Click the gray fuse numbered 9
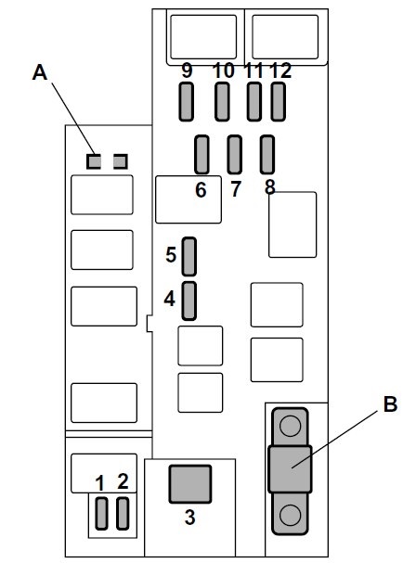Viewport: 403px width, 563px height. point(187,102)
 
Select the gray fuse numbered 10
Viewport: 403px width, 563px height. point(222,102)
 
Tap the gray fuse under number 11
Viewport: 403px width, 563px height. point(254,102)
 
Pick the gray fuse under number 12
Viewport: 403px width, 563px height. point(278,102)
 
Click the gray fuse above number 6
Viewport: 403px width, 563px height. point(201,154)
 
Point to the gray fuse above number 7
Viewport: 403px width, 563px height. point(235,154)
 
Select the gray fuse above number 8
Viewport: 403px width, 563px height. point(267,154)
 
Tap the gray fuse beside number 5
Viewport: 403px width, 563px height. point(189,256)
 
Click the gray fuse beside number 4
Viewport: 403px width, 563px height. point(189,301)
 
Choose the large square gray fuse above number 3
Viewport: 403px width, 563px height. point(190,483)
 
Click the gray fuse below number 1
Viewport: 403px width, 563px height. point(101,514)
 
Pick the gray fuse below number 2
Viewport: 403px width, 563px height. point(123,514)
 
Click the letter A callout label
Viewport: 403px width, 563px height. point(40,72)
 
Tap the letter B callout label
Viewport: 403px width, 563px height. point(390,404)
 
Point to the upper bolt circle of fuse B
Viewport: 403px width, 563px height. point(290,426)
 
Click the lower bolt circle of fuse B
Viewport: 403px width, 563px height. point(290,515)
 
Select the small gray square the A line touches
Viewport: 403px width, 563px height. point(94,161)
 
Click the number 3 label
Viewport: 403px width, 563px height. point(189,517)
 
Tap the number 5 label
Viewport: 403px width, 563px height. point(171,255)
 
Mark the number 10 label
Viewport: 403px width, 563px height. point(224,70)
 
